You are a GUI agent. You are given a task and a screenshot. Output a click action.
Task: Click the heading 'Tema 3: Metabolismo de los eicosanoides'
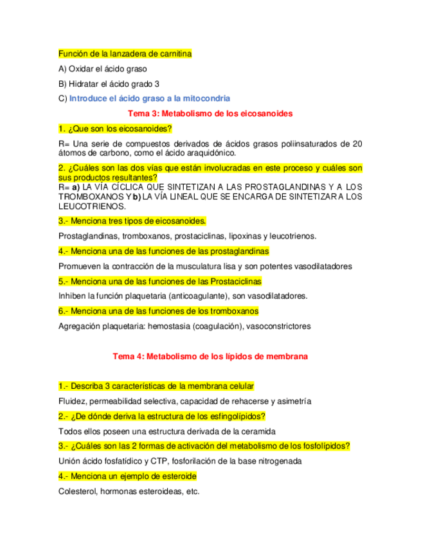[x=211, y=113]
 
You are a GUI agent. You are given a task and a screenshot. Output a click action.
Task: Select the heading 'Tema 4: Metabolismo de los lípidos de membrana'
[x=210, y=356]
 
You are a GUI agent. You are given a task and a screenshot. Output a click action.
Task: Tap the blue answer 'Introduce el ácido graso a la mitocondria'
[x=149, y=98]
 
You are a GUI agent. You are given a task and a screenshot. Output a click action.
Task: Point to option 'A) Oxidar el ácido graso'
[x=102, y=69]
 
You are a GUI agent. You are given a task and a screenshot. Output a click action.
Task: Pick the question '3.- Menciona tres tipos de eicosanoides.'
[x=132, y=221]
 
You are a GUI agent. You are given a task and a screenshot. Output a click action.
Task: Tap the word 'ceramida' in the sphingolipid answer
[x=258, y=431]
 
